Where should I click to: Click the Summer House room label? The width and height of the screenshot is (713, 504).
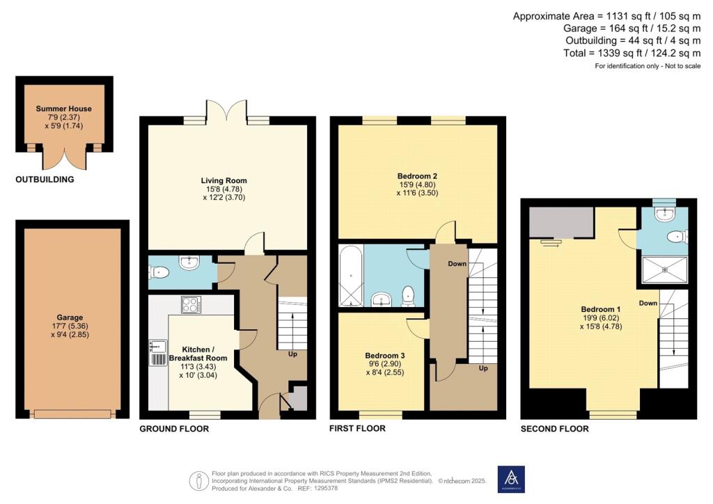64,109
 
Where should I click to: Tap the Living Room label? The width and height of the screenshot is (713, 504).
224,180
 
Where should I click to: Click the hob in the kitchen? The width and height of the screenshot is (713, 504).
191,304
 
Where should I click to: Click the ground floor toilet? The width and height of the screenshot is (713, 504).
158,274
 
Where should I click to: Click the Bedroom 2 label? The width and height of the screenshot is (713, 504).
417,175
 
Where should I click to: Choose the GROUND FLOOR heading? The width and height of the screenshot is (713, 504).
174,429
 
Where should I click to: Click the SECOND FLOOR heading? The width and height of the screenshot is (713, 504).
554,429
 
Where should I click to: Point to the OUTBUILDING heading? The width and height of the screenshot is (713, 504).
45,180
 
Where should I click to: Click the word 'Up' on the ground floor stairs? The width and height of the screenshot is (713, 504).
293,354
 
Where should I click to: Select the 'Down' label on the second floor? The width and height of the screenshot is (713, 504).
648,303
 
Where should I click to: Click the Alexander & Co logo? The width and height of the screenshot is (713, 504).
510,479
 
